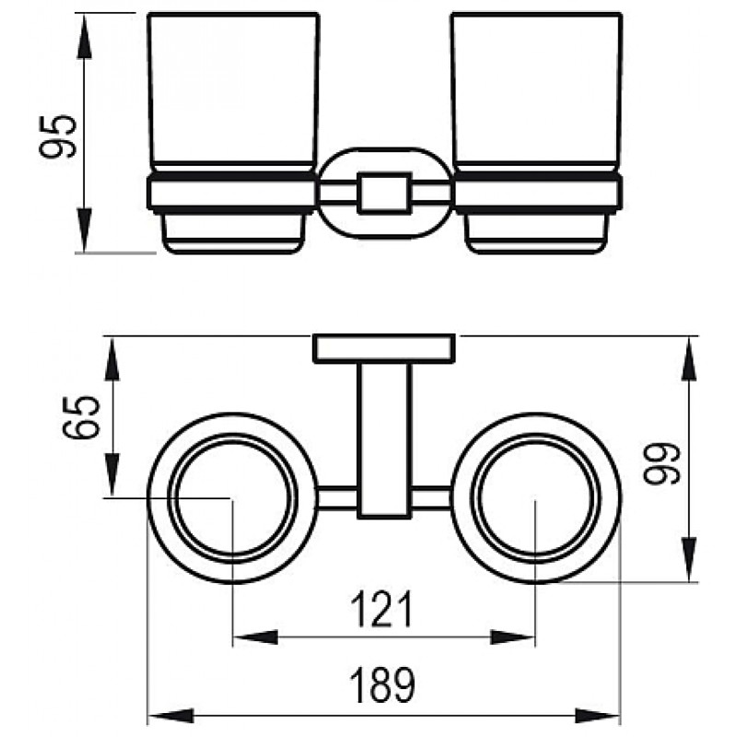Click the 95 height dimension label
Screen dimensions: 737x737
point(57,136)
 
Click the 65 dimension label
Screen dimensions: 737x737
point(81,417)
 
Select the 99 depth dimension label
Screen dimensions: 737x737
point(661,463)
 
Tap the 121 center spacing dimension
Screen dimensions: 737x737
point(381,609)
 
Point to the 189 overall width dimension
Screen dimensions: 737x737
point(382,684)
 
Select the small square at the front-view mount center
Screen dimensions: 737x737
point(384,193)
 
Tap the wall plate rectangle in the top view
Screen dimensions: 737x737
point(384,348)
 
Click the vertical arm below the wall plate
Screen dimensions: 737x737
point(384,440)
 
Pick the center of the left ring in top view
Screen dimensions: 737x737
point(233,498)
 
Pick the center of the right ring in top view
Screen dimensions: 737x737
point(536,498)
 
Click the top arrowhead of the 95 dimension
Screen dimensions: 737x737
point(84,36)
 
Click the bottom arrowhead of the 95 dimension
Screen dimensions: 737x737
point(84,230)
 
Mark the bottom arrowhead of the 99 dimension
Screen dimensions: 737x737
point(689,560)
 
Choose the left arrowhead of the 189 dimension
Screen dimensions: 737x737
point(170,716)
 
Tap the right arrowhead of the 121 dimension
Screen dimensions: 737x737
point(513,638)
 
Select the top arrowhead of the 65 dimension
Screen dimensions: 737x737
point(111,358)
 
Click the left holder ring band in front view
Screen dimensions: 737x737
point(232,193)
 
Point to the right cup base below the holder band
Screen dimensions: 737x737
point(536,234)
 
